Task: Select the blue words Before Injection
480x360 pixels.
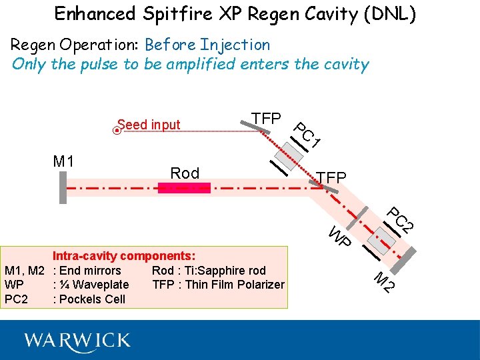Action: (207, 45)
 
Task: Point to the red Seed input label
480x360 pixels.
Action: (149, 125)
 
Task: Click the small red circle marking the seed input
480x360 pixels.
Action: (117, 131)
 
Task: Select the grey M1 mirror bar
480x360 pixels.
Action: (63, 187)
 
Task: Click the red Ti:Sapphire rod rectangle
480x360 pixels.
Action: (184, 188)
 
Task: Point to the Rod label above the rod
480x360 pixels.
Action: (185, 173)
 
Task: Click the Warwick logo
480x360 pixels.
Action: (77, 341)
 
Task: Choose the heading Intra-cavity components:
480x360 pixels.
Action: (124, 256)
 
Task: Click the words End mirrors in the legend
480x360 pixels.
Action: (91, 271)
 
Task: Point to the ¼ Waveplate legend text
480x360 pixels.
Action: (94, 285)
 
